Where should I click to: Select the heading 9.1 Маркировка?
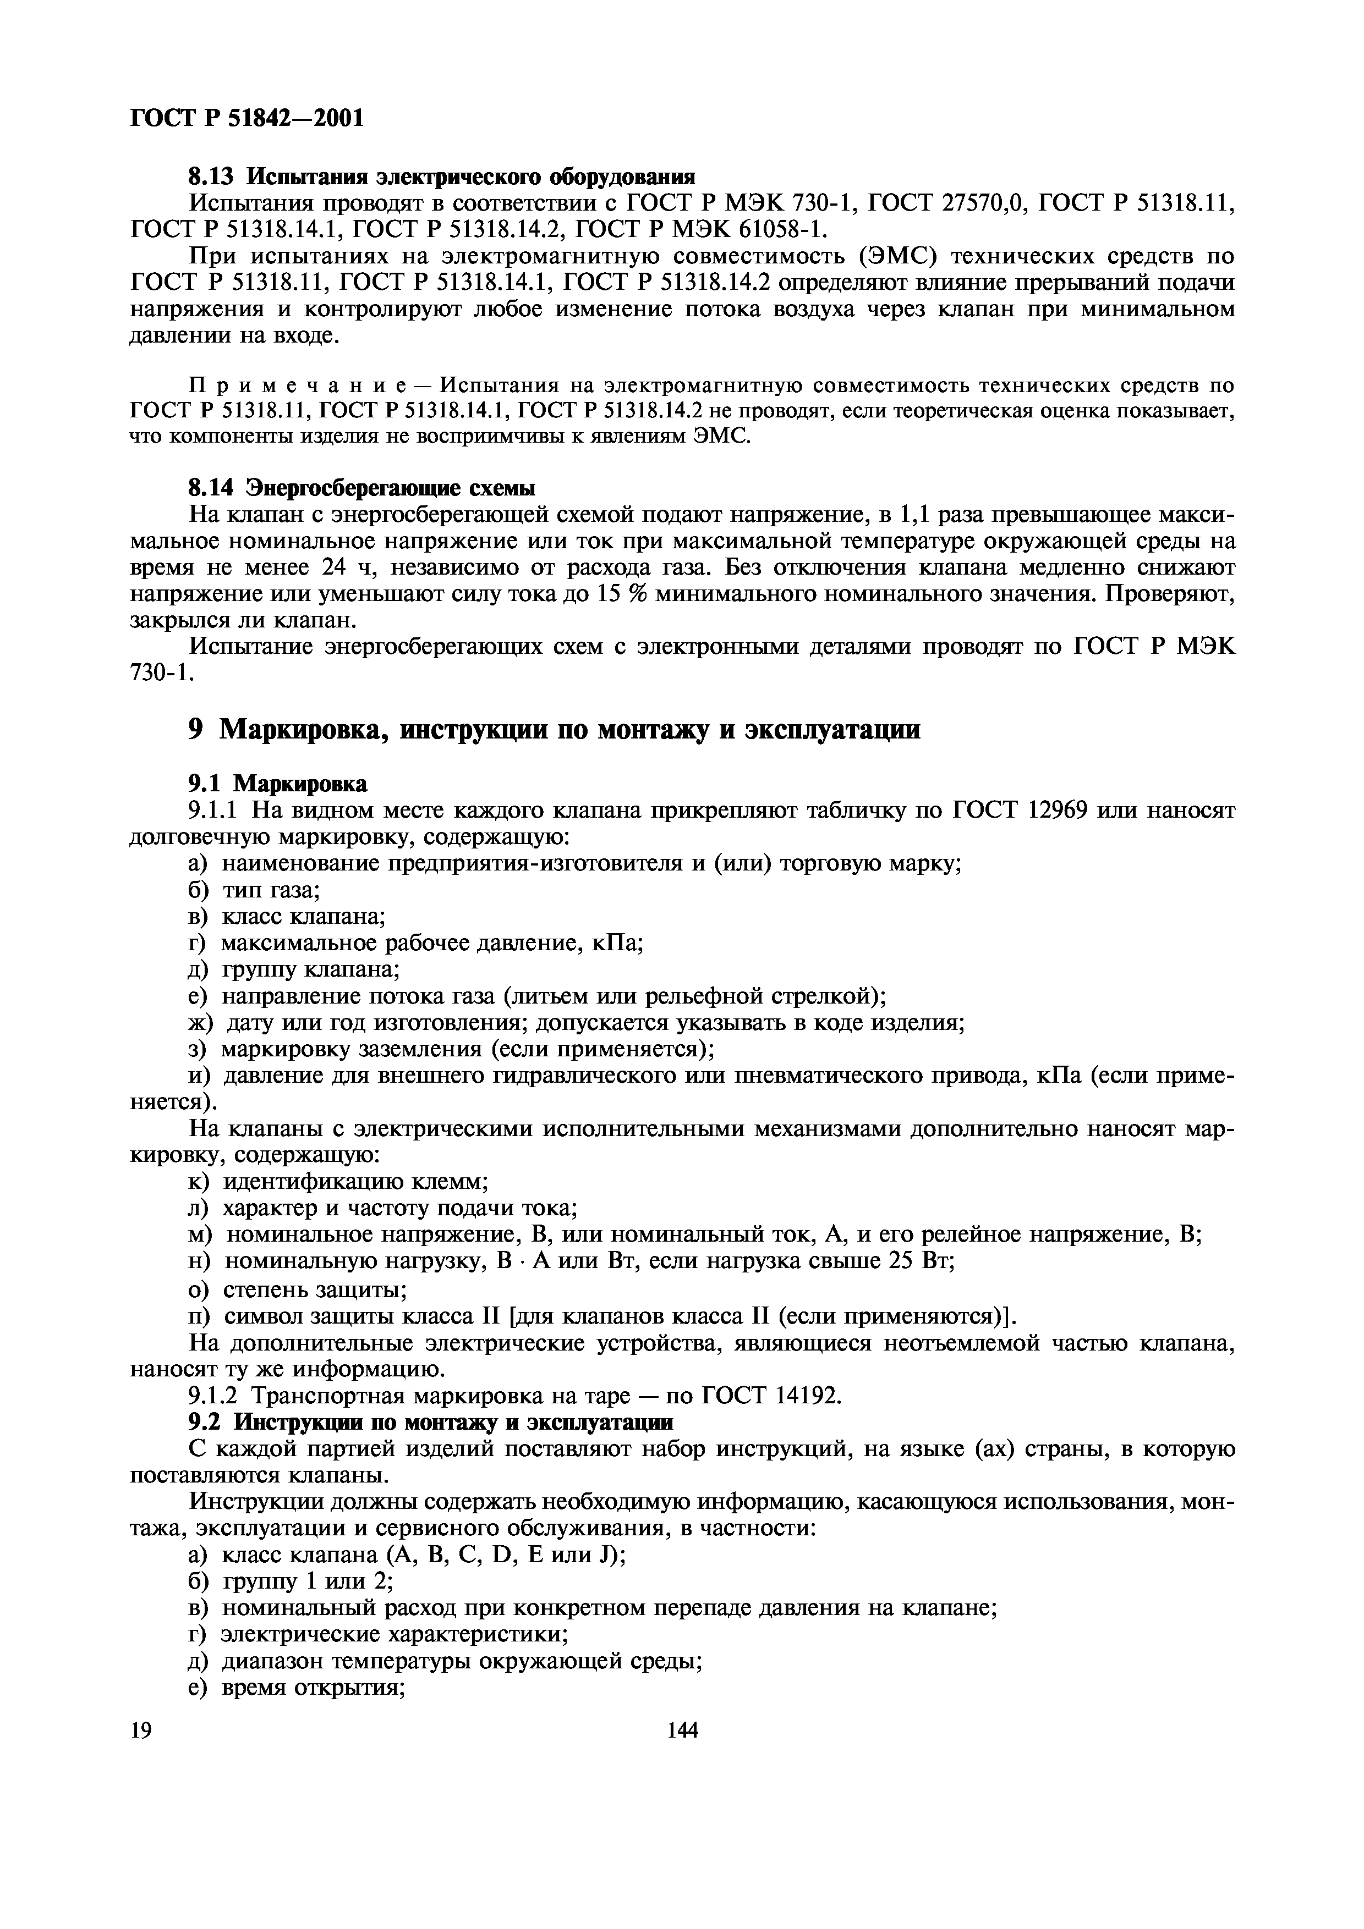277,784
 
